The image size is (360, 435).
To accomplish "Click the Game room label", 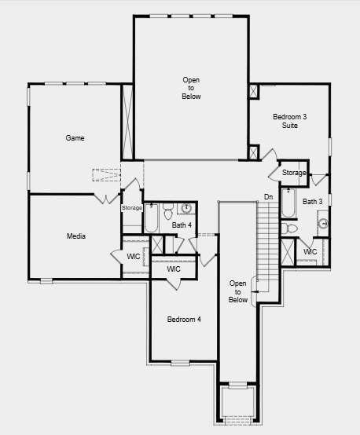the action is click(75, 138).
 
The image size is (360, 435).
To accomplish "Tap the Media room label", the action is click(76, 236).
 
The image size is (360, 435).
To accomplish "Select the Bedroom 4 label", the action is click(184, 320).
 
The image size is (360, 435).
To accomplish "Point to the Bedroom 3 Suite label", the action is click(290, 121).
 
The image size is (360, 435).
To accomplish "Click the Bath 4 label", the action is click(182, 225).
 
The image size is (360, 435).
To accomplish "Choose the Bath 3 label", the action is click(313, 202).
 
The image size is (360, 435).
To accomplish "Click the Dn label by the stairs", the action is click(268, 197).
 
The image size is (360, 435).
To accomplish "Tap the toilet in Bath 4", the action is click(167, 212).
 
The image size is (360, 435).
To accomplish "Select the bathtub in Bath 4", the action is click(151, 218).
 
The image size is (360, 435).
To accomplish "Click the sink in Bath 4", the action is click(186, 208).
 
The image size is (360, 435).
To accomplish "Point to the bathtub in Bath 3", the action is click(289, 203).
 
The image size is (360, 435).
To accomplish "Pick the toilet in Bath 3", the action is click(289, 228).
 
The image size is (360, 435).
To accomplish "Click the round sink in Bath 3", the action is click(323, 223).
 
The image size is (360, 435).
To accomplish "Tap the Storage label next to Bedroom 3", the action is click(294, 173).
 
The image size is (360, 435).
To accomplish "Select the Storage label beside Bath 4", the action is click(132, 208).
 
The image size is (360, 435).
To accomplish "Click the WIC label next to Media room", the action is click(134, 256).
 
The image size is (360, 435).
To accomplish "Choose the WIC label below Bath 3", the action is click(310, 251).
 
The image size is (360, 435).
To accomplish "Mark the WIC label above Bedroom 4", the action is click(174, 269).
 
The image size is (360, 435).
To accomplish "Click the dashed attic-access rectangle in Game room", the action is click(106, 175).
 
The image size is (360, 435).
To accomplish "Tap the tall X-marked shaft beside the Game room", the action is click(127, 122).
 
